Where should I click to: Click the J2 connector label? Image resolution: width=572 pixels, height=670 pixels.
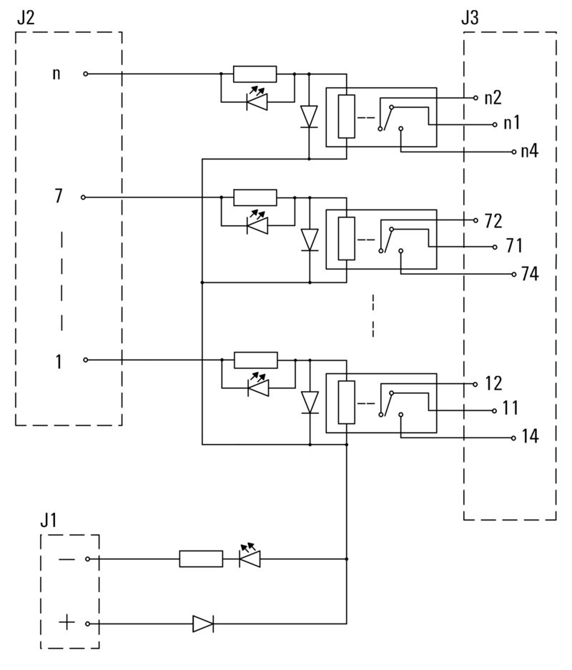pos(25,18)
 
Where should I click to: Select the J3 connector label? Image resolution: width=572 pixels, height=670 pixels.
pos(470,18)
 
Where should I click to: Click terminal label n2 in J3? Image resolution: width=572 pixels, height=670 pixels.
pos(493,97)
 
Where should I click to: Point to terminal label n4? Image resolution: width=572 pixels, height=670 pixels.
pos(530,152)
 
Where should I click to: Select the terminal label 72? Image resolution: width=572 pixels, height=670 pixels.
pos(493,220)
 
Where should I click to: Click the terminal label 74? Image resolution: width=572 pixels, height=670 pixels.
pos(530,275)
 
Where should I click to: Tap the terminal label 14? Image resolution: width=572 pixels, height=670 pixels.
pos(530,437)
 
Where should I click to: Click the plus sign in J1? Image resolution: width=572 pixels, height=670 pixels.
pos(66,623)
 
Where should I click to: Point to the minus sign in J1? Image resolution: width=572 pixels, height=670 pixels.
pos(66,558)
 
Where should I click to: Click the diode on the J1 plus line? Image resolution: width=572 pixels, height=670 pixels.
pos(203,624)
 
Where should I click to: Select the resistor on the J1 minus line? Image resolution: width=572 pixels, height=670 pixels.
pos(200,558)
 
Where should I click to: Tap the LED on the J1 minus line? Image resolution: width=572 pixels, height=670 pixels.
pos(250,557)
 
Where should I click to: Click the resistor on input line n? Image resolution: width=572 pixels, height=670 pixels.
pos(255,73)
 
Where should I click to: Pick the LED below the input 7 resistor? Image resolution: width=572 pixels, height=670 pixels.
pos(256,225)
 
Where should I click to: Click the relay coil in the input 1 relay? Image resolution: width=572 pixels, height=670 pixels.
pos(346,403)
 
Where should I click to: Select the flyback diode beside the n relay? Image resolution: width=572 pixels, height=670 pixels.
pos(309,116)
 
